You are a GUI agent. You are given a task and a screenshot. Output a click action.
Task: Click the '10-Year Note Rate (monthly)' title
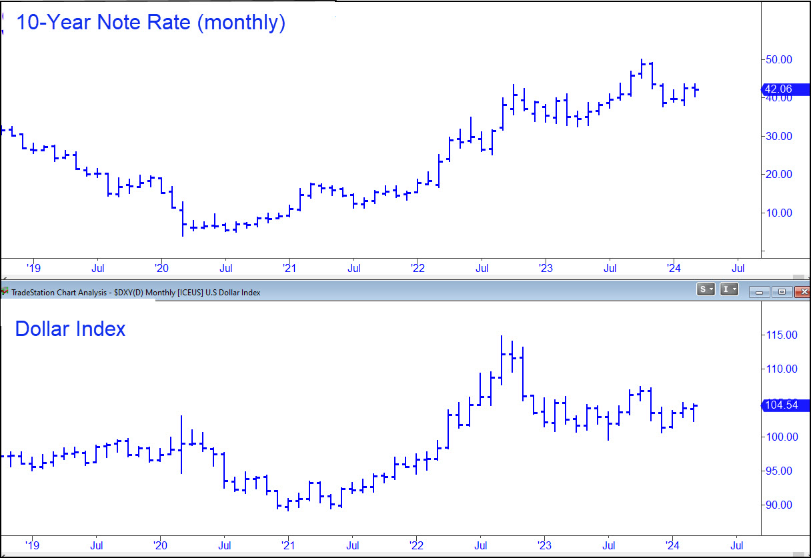pyautogui.click(x=150, y=23)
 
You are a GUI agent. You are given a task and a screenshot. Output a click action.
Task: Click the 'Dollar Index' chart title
pyautogui.click(x=70, y=329)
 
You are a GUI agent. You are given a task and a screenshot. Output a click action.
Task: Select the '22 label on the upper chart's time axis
pyautogui.click(x=417, y=269)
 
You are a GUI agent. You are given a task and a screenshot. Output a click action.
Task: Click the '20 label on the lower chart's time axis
pyautogui.click(x=160, y=544)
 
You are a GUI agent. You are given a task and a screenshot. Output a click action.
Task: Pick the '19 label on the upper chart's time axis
pyautogui.click(x=33, y=269)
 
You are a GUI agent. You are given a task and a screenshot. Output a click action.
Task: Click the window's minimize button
pyautogui.click(x=759, y=291)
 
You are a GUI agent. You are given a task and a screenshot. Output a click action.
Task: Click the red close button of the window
pyautogui.click(x=803, y=291)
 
